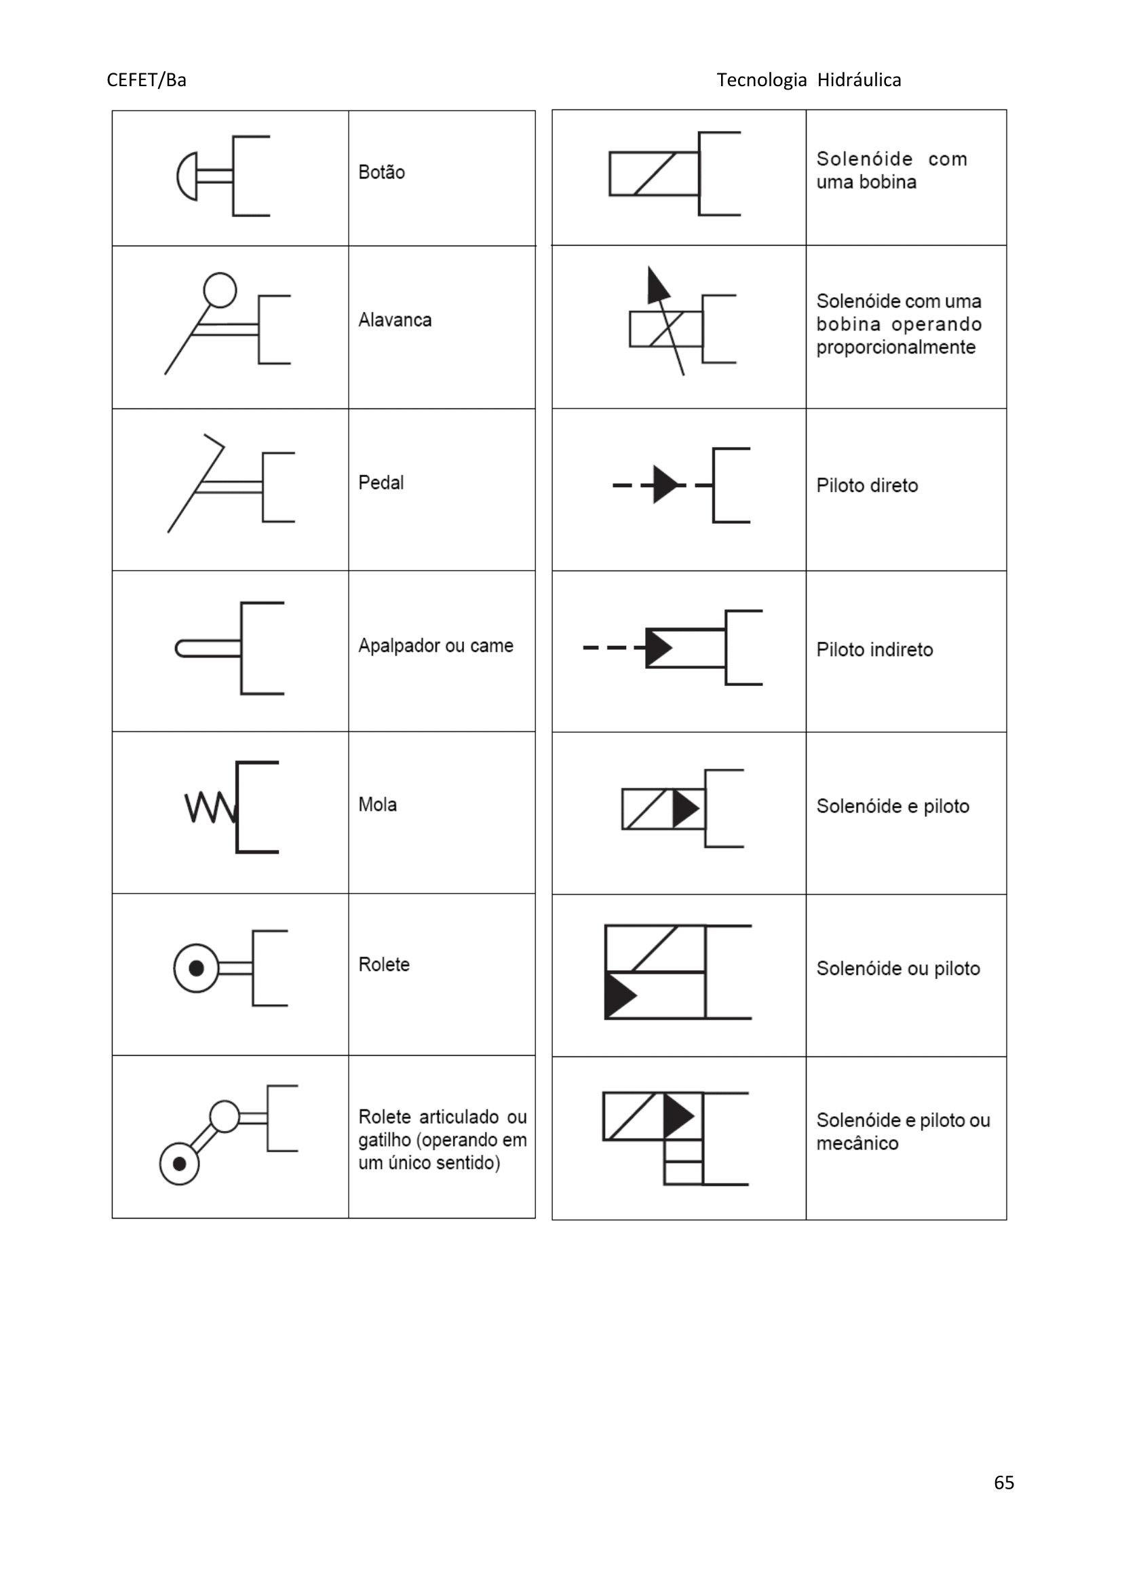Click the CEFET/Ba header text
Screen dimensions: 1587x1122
tap(147, 80)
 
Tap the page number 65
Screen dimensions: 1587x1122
tap(1003, 1482)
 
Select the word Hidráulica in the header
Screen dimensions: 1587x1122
tap(859, 80)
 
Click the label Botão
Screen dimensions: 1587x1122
tap(381, 172)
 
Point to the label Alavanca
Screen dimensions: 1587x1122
tap(395, 320)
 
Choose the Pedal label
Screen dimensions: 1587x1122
tap(381, 482)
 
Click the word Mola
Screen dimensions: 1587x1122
tap(377, 805)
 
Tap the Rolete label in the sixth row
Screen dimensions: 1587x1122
tap(383, 965)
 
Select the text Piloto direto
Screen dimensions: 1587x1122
tap(867, 485)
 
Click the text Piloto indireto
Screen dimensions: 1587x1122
tap(874, 650)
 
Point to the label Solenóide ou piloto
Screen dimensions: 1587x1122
tap(898, 968)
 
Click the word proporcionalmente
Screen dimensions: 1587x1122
tap(895, 347)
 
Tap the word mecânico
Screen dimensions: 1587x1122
tap(857, 1143)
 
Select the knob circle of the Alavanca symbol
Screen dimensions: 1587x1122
tap(220, 290)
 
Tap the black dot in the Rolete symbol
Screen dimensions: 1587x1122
tap(196, 968)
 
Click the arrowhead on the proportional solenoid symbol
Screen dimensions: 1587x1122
tap(657, 285)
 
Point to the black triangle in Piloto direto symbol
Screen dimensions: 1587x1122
tap(665, 484)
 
